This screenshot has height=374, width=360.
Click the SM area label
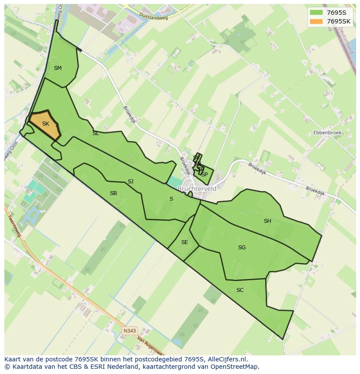(58, 68)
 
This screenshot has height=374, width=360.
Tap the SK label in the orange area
(46, 124)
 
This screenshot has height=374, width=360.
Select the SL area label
(96, 134)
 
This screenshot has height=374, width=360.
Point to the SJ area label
(130, 182)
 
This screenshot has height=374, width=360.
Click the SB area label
(113, 193)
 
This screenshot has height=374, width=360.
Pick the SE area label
(184, 242)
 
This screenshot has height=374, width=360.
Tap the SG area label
(242, 248)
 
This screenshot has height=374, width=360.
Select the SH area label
(267, 221)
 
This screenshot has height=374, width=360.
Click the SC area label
(240, 290)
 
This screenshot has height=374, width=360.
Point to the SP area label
(204, 175)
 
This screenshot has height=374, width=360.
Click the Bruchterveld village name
(197, 189)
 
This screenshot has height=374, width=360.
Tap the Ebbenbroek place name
(327, 132)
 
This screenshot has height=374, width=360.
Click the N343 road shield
(129, 331)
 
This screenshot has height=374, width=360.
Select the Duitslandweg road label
(153, 16)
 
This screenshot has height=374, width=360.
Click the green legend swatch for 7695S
(316, 13)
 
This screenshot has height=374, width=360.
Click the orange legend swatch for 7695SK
(316, 21)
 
